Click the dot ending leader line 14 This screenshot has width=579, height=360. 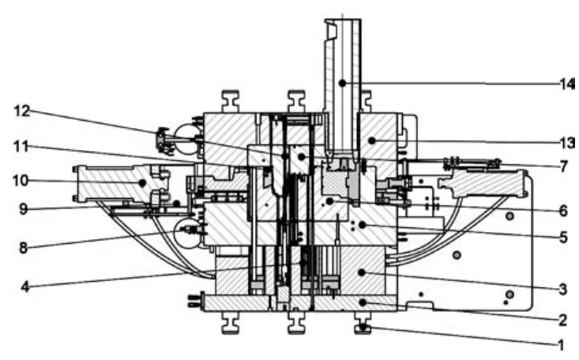pos(342,82)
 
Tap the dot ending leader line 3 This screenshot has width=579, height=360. pos(363,273)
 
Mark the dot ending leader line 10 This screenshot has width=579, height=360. pos(141,182)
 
